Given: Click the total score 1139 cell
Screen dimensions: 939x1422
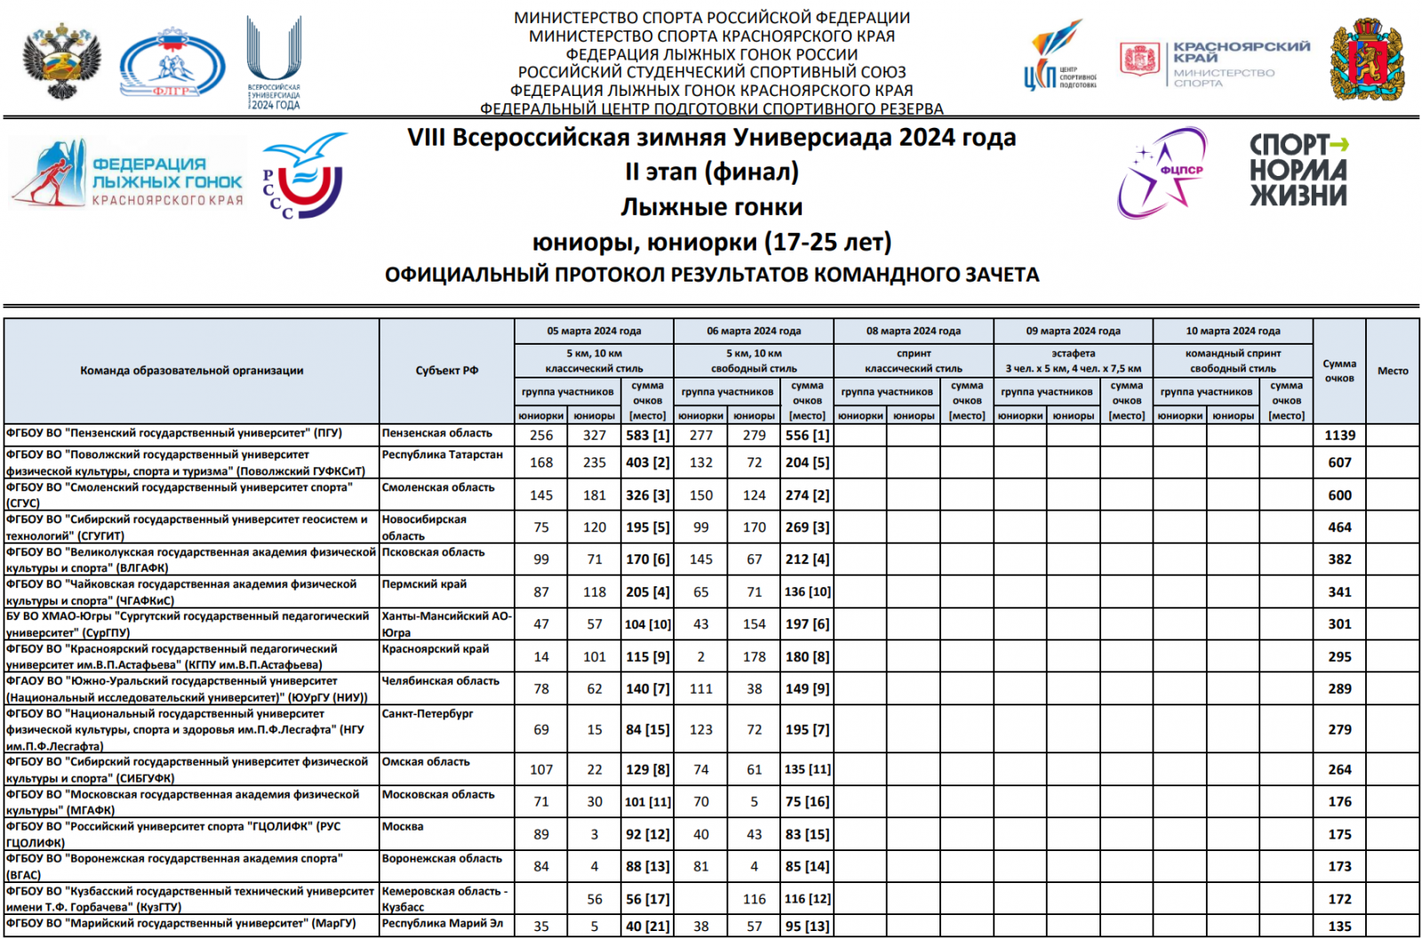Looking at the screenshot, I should (x=1339, y=435).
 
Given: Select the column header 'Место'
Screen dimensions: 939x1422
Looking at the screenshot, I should (x=1393, y=370).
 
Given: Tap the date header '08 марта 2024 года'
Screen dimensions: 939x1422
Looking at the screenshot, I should (x=913, y=331).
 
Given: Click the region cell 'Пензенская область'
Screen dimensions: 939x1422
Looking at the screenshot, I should (x=437, y=434).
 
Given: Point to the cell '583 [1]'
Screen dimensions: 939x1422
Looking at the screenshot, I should (x=647, y=435).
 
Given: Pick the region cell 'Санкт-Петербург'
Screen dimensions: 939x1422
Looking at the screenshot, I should (x=427, y=713).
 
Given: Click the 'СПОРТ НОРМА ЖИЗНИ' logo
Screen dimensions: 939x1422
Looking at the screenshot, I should (x=1298, y=170).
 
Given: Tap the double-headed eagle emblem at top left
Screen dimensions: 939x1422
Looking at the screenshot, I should (x=61, y=60).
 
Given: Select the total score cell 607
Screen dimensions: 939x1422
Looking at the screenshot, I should (x=1339, y=463).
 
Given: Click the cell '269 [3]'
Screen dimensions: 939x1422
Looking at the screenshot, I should (x=807, y=528).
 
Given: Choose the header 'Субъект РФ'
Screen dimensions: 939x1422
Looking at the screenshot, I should (x=446, y=370).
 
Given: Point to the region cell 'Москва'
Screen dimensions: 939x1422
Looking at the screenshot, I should (x=403, y=826).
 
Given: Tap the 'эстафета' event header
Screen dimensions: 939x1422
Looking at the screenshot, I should (x=1073, y=354).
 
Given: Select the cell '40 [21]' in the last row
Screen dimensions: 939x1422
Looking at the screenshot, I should (x=647, y=926).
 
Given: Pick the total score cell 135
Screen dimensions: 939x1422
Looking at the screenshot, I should (x=1339, y=926).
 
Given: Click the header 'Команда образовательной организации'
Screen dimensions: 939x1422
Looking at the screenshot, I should (x=192, y=370).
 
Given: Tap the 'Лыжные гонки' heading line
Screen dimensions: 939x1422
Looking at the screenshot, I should (x=711, y=207).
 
